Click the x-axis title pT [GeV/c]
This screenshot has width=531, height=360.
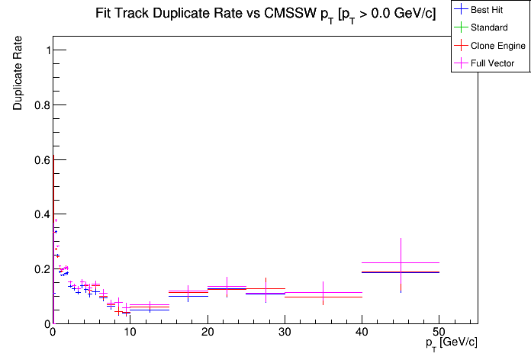(452, 342)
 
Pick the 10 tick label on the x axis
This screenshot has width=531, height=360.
(130, 333)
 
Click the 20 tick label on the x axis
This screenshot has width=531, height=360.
(208, 333)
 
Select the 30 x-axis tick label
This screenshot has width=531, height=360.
(285, 333)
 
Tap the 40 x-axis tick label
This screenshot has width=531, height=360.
(362, 333)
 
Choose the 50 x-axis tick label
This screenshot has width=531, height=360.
(439, 333)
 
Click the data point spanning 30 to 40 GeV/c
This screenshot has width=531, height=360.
(323, 293)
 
